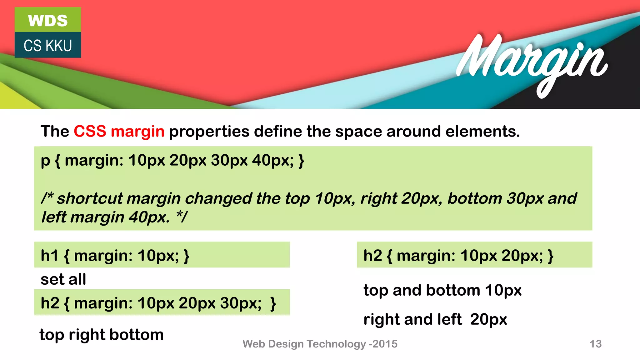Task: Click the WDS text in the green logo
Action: pos(48,21)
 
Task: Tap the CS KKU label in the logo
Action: pos(48,46)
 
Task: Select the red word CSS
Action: pos(90,131)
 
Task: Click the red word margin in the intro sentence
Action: pos(137,131)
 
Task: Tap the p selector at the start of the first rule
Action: pos(45,161)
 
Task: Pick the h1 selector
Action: pos(49,256)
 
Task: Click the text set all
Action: pos(63,279)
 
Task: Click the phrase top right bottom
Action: pos(102,335)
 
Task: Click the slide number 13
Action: pos(595,344)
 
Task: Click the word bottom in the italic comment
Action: pos(474,198)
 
